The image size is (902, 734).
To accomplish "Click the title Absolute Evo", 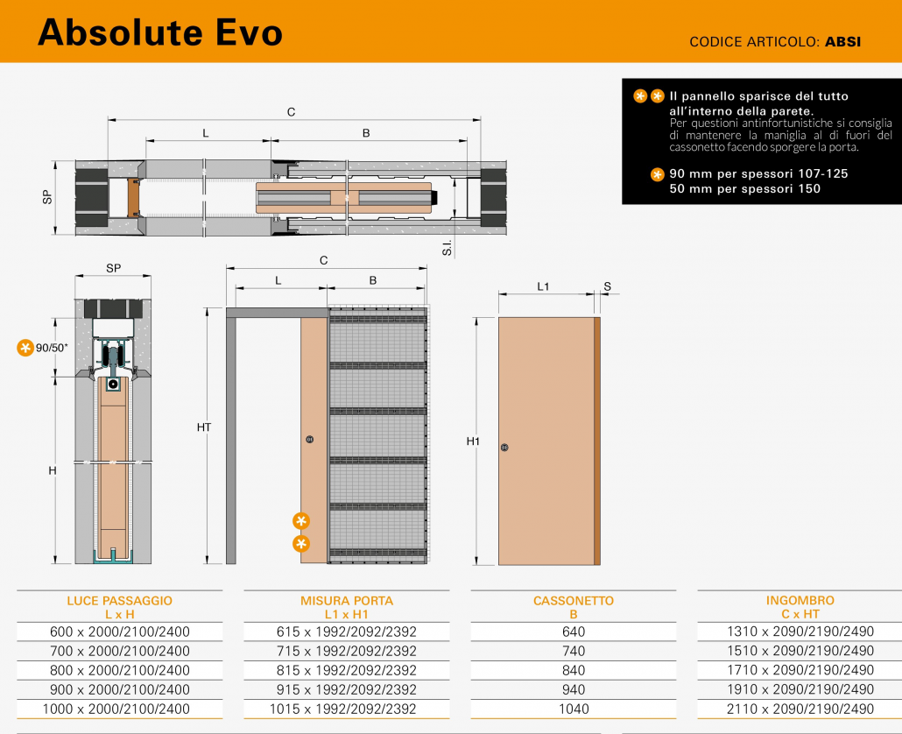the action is pyautogui.click(x=160, y=32).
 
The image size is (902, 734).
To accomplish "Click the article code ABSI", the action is pyautogui.click(x=842, y=41).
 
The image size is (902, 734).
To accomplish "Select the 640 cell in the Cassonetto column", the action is pyautogui.click(x=574, y=632).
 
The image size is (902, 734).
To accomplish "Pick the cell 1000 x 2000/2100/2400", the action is pyautogui.click(x=116, y=709).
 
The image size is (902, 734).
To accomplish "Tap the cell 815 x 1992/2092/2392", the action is pyautogui.click(x=346, y=670).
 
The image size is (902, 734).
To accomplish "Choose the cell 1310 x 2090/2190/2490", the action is pyautogui.click(x=800, y=631).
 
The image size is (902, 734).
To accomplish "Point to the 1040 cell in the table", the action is pyautogui.click(x=574, y=709).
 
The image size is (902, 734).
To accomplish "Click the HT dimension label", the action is pyautogui.click(x=204, y=427).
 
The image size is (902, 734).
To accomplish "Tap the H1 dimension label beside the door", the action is pyautogui.click(x=473, y=441).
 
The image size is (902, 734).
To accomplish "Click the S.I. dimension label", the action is pyautogui.click(x=447, y=247).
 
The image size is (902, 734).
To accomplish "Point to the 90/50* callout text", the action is pyautogui.click(x=52, y=348).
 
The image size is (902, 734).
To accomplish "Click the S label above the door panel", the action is pyautogui.click(x=608, y=286).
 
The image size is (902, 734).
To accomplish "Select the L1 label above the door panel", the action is pyautogui.click(x=543, y=286).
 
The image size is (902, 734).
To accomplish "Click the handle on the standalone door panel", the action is pyautogui.click(x=504, y=448).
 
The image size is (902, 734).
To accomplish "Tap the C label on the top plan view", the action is pyautogui.click(x=291, y=112).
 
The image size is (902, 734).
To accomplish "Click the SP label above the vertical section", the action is pyautogui.click(x=113, y=268).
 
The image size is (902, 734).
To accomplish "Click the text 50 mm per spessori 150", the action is pyautogui.click(x=745, y=188).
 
